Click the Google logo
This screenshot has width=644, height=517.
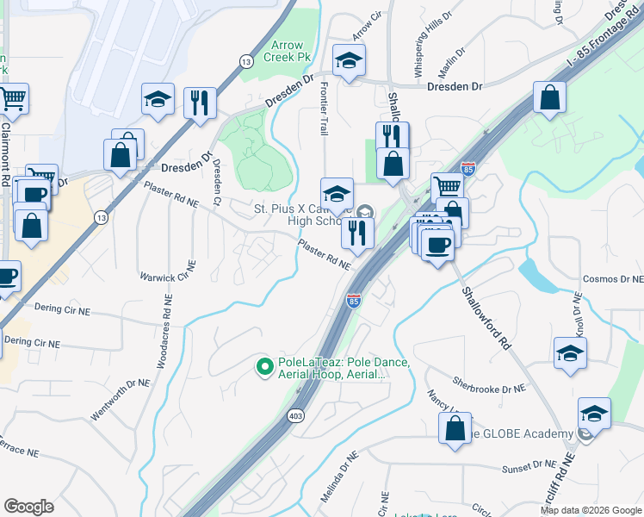point(28,507)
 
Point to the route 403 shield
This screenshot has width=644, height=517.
point(296,415)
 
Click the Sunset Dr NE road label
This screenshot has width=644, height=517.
point(529,466)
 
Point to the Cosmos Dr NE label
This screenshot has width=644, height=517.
point(612,279)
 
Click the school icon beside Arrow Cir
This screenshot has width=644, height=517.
point(349,61)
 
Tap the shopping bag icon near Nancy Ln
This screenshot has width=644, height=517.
point(455,428)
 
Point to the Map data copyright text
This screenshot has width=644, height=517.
point(590,510)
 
